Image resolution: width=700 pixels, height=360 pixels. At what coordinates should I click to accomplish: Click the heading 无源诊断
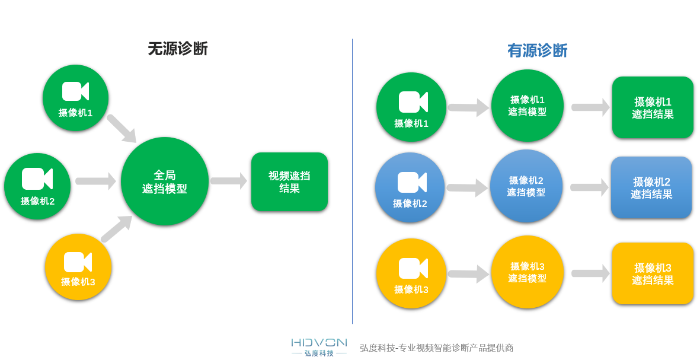[178, 49]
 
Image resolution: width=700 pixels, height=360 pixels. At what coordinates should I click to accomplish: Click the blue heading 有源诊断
[537, 50]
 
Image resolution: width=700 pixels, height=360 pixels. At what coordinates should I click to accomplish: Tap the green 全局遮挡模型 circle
[165, 181]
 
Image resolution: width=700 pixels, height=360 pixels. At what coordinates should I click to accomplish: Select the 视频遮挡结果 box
[289, 182]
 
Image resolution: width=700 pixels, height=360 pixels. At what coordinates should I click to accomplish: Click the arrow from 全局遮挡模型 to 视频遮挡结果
[229, 181]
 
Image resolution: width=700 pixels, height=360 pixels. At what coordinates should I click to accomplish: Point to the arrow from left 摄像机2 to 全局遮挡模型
[95, 181]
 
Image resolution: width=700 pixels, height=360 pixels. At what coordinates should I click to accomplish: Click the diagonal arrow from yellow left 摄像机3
[117, 229]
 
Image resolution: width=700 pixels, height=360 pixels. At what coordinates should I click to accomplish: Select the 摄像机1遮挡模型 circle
[528, 106]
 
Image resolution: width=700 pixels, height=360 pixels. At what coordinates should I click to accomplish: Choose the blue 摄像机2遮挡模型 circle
[526, 186]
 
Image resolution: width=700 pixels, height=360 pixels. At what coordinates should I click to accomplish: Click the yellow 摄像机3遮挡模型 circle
[528, 272]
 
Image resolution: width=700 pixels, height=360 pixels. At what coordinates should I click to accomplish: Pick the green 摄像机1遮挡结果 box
[653, 107]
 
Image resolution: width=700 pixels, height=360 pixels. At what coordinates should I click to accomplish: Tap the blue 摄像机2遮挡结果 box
[651, 187]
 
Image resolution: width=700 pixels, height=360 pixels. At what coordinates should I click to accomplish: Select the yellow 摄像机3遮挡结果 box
[653, 273]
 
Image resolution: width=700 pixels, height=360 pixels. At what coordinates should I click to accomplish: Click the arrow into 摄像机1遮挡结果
[590, 107]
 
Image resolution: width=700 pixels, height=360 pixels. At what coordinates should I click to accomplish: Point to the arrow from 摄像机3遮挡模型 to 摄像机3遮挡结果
[590, 273]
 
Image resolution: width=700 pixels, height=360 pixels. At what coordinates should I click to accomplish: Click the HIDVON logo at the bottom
[319, 347]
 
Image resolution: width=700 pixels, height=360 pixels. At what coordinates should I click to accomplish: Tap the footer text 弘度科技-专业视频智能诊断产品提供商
[437, 348]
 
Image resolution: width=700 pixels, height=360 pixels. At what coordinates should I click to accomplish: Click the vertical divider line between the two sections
[352, 181]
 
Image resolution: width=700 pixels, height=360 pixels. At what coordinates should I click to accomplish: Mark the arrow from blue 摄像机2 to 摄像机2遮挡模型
[467, 188]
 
